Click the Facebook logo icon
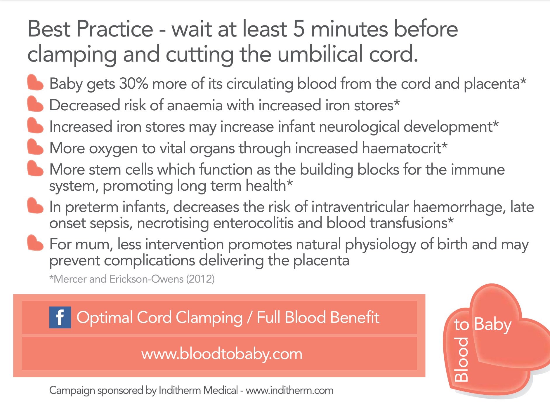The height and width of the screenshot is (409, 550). coord(60,317)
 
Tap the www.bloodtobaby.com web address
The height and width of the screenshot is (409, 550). coord(222,354)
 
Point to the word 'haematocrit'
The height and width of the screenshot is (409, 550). coord(401,148)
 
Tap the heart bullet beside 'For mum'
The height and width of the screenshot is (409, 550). coord(35,243)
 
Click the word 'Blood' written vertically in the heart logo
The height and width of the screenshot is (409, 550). coord(461,360)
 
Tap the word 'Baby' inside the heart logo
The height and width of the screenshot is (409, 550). coord(492,324)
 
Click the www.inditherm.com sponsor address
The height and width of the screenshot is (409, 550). coord(289,390)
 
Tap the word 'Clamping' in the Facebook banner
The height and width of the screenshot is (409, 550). coord(209,318)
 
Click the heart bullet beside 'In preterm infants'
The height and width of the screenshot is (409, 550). coord(35,206)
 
